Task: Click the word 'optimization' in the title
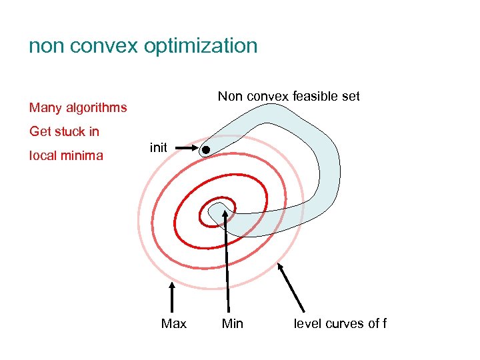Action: click(199, 46)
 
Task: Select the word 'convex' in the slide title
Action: click(101, 46)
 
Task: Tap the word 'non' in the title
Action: click(47, 46)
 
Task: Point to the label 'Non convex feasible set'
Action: click(289, 96)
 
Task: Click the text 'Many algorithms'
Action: click(78, 107)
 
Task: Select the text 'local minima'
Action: click(66, 156)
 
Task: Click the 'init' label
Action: click(159, 148)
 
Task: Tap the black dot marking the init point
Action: click(207, 149)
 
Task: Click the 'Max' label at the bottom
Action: click(174, 323)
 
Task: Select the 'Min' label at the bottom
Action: click(232, 323)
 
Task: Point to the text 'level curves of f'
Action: click(340, 323)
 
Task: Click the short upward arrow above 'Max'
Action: click(173, 297)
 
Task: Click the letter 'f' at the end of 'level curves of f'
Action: click(384, 323)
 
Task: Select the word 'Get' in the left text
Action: click(40, 131)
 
